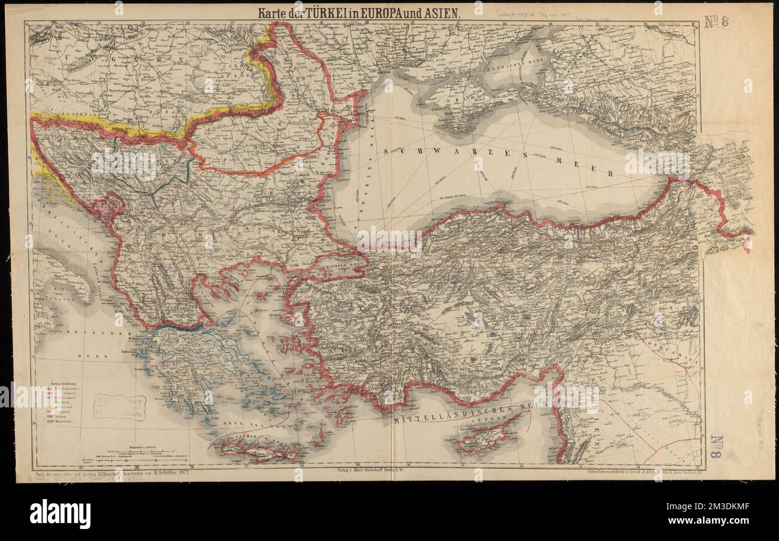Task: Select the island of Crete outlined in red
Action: pyautogui.click(x=258, y=449)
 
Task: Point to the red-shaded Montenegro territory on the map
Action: pyautogui.click(x=108, y=207)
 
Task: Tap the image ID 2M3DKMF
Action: pyautogui.click(x=718, y=515)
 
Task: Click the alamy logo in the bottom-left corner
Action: pyautogui.click(x=60, y=514)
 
